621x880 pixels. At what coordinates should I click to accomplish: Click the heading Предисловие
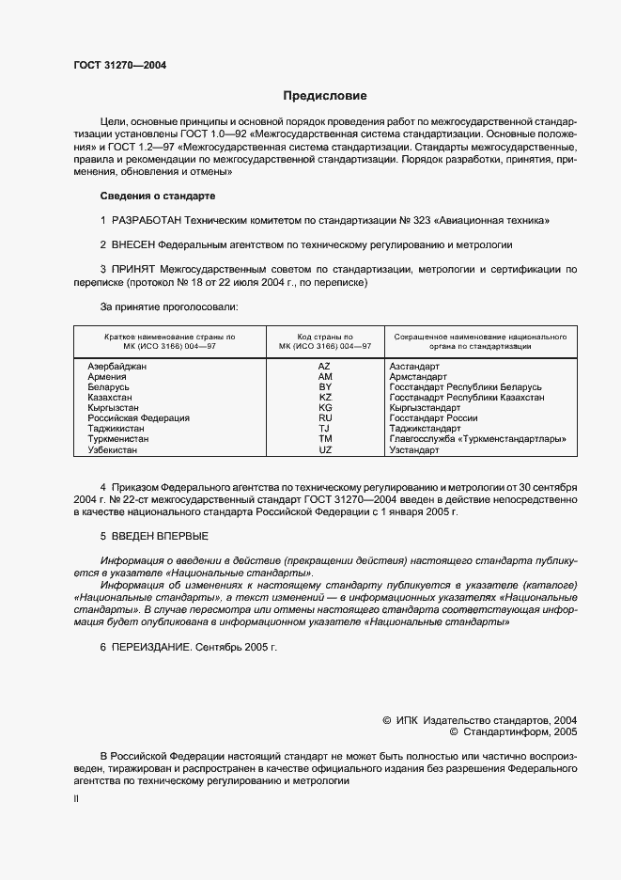coord(325,96)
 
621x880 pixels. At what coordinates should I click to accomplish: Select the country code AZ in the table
coord(325,365)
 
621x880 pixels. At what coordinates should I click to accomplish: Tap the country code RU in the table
coord(325,418)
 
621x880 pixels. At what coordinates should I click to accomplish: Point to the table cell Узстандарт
coord(414,450)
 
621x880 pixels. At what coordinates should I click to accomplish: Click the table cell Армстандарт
coord(418,376)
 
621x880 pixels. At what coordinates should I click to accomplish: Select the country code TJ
coord(325,429)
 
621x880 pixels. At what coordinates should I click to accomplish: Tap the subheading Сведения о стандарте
coord(158,196)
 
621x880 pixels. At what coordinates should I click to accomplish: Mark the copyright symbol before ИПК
coord(387,719)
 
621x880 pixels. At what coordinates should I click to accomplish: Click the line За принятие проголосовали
coord(169,306)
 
